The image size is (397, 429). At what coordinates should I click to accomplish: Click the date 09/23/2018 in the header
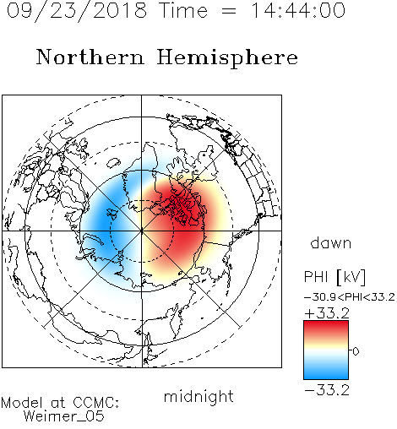(77, 11)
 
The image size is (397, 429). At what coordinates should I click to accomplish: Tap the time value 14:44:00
(298, 11)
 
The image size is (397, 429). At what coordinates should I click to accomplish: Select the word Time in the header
(183, 11)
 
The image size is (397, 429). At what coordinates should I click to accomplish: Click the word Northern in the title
(90, 57)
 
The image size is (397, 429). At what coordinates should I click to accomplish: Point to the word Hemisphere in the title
(227, 58)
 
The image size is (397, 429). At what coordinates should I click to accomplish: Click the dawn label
(331, 243)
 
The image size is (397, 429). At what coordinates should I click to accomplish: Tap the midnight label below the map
(198, 397)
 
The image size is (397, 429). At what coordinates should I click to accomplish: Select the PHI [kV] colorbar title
(334, 277)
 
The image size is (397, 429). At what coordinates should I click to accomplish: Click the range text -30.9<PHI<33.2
(350, 297)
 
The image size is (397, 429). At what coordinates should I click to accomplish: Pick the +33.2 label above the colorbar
(327, 313)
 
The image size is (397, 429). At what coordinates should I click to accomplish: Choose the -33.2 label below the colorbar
(327, 390)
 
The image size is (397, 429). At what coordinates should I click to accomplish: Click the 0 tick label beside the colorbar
(356, 351)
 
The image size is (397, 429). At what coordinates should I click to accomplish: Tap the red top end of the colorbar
(326, 323)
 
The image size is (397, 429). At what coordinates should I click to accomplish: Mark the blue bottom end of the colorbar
(326, 376)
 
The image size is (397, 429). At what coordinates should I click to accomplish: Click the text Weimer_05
(64, 416)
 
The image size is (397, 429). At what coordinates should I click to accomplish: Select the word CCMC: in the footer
(96, 403)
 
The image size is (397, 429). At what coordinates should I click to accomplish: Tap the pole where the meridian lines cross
(142, 231)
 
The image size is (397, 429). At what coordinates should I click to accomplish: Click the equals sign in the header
(229, 12)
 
